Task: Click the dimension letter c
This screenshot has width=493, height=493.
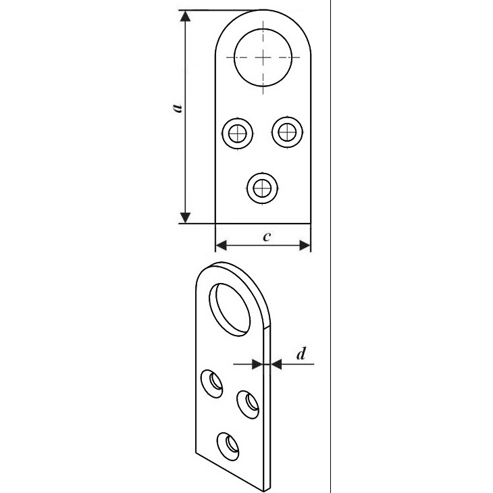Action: click(267, 236)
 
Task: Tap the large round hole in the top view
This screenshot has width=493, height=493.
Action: click(262, 57)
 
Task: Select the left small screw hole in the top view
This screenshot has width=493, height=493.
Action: click(238, 133)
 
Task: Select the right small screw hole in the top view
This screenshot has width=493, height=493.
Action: click(286, 132)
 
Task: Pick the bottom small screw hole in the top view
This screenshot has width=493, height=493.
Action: click(262, 186)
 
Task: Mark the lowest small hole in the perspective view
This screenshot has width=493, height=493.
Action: click(230, 444)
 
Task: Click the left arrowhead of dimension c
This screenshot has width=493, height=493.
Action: click(220, 245)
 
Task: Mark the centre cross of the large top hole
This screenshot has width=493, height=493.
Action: click(262, 57)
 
